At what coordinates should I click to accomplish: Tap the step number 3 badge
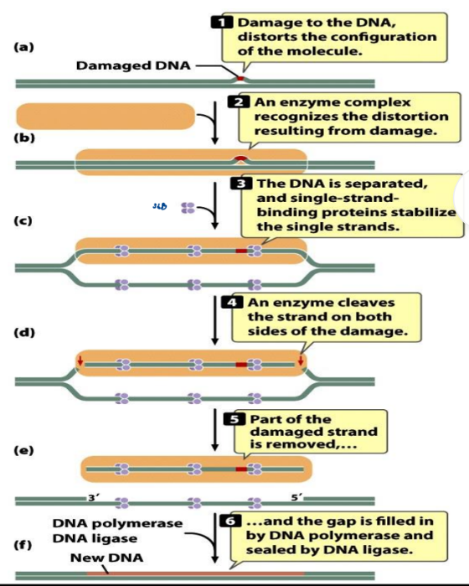(241, 182)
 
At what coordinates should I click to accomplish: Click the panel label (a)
(25, 47)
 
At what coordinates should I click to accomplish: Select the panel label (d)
(25, 334)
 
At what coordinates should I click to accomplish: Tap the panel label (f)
(25, 544)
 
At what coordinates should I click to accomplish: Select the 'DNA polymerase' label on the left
(117, 523)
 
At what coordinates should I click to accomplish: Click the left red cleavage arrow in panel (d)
(80, 361)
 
